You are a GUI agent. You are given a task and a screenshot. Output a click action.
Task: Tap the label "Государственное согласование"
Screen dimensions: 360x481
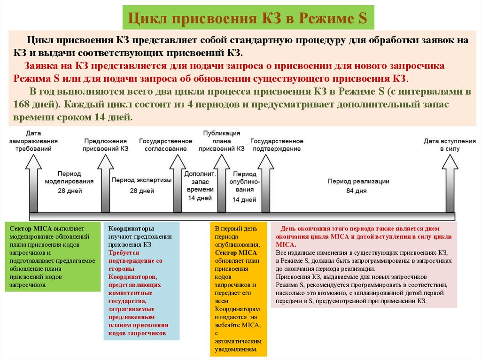point(166,145)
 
